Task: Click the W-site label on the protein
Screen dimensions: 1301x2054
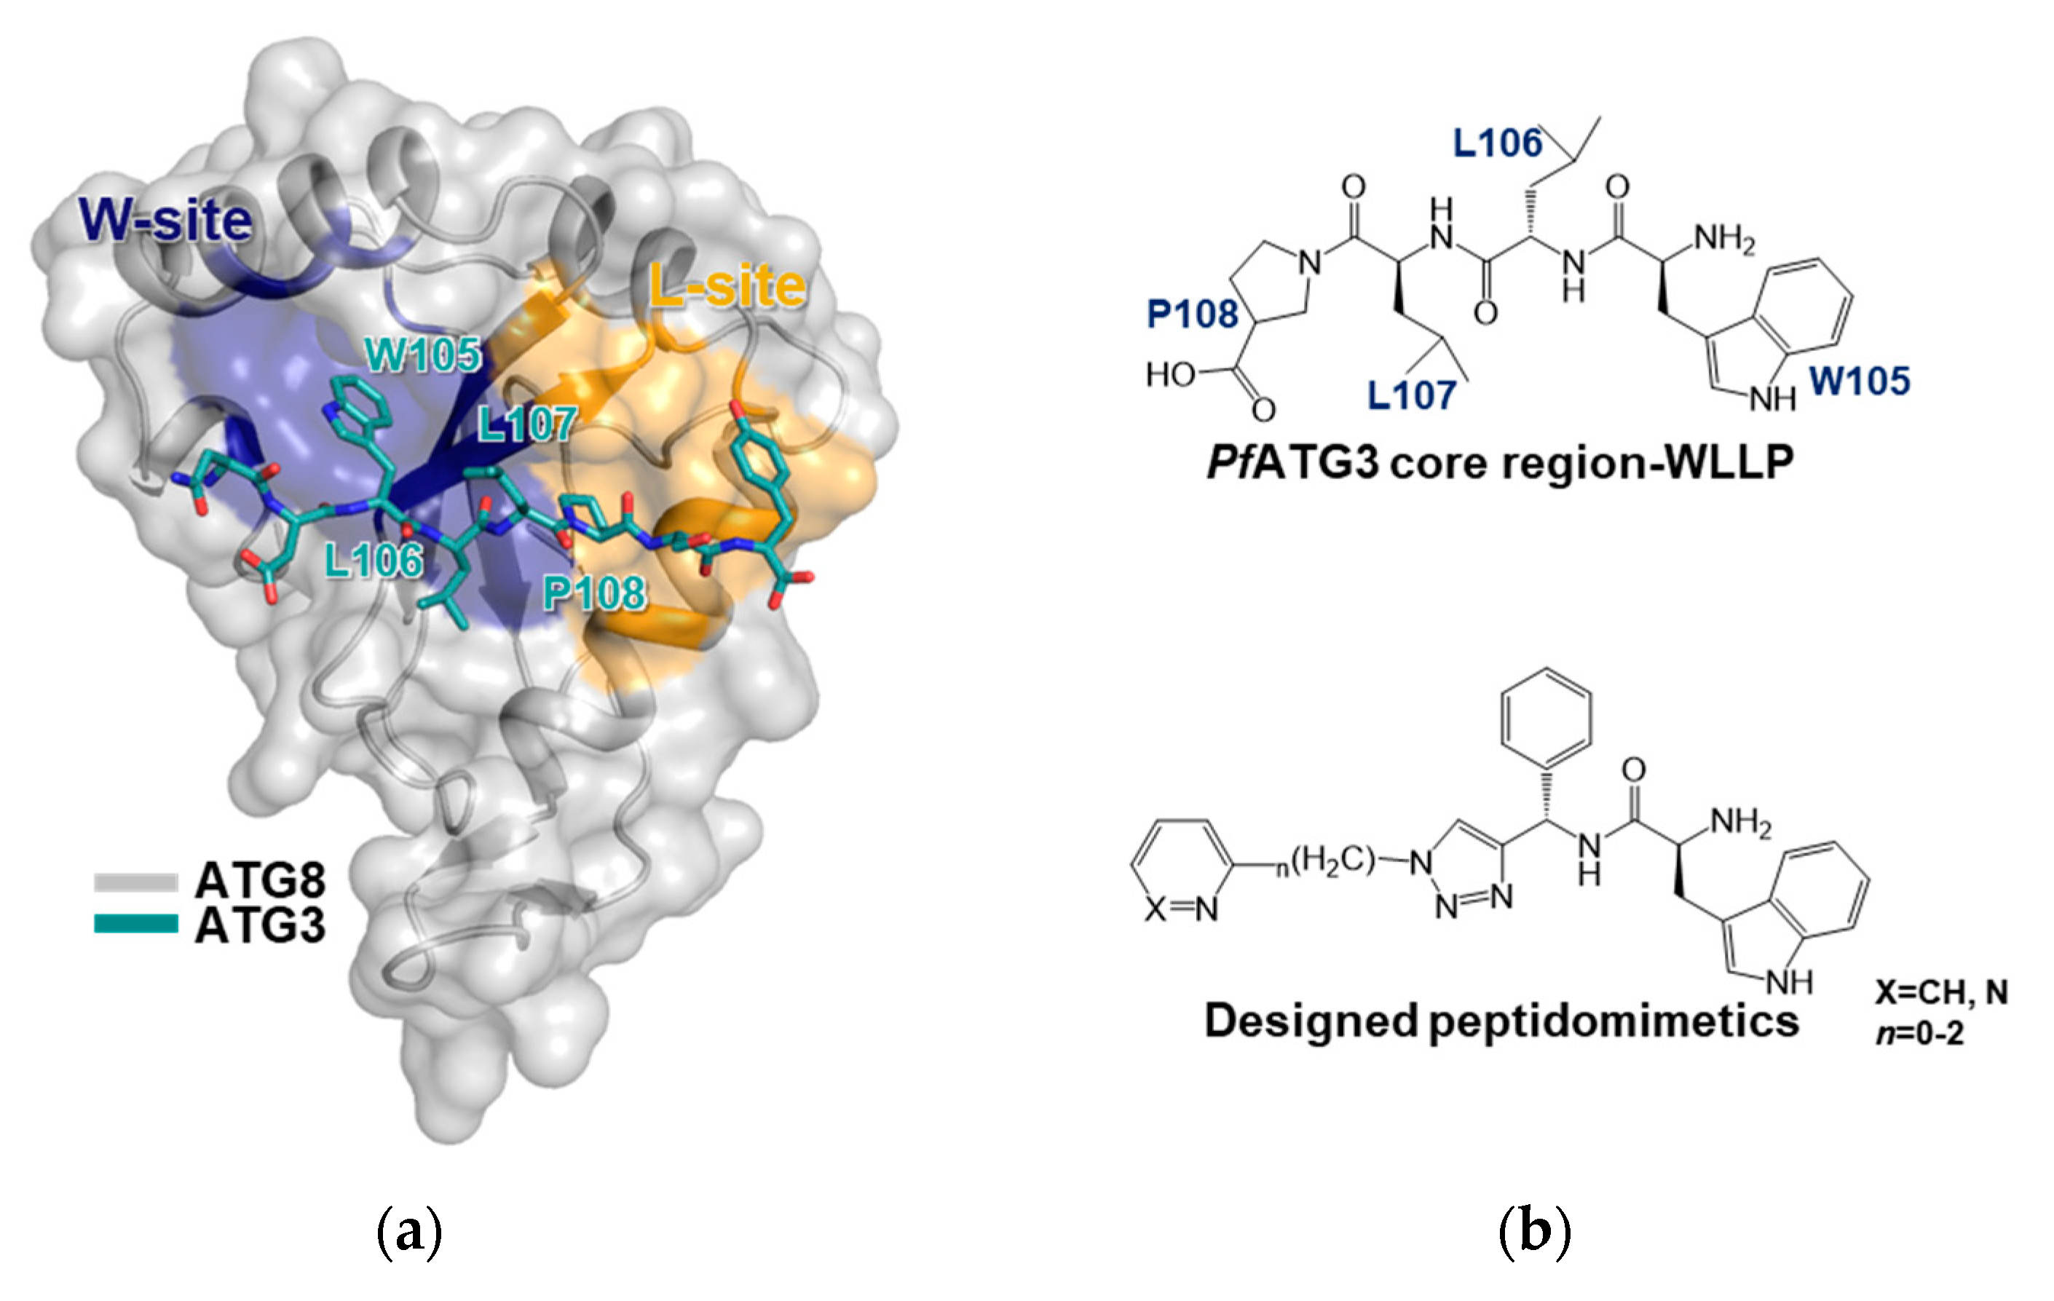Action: coord(166,221)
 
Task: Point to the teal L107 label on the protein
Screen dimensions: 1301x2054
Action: coord(526,424)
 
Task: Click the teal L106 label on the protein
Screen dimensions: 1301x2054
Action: coord(374,561)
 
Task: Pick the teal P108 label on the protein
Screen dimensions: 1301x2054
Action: coord(595,592)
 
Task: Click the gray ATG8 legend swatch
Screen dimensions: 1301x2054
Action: coord(136,881)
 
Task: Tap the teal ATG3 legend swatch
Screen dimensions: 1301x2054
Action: coord(136,923)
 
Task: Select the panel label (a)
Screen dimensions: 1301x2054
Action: coord(409,1231)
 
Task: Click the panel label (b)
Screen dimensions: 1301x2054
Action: coord(1533,1231)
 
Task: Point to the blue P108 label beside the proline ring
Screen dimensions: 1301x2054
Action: coord(1192,314)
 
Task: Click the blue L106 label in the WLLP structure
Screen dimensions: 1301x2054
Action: coord(1497,143)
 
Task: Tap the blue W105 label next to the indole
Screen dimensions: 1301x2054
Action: coord(1860,381)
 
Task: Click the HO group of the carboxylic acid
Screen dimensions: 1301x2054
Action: coord(1169,373)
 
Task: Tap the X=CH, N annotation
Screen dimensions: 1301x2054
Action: coord(1941,992)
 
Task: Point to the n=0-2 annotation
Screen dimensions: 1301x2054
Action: coord(1920,1033)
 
